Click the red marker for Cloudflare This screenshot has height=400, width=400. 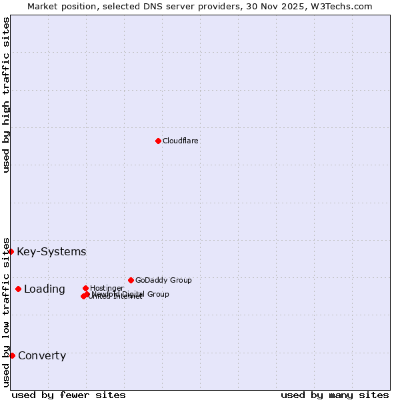point(158,141)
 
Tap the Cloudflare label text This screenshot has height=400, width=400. point(181,141)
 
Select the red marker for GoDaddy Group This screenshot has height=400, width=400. point(131,280)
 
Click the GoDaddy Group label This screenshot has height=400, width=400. point(163,280)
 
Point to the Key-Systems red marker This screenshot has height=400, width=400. point(11,251)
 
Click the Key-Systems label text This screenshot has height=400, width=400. point(51,251)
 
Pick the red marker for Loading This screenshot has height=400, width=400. point(18,289)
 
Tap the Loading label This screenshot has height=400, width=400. point(45,289)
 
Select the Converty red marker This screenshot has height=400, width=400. point(12,355)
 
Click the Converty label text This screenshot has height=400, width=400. point(42,355)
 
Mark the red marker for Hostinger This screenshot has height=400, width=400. point(85,288)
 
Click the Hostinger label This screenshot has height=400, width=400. point(107,288)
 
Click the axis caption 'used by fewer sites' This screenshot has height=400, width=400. point(69,395)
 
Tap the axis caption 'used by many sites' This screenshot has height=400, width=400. point(335,395)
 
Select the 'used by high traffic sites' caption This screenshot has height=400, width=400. point(6,95)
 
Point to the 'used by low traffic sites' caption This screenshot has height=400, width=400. point(6,311)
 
